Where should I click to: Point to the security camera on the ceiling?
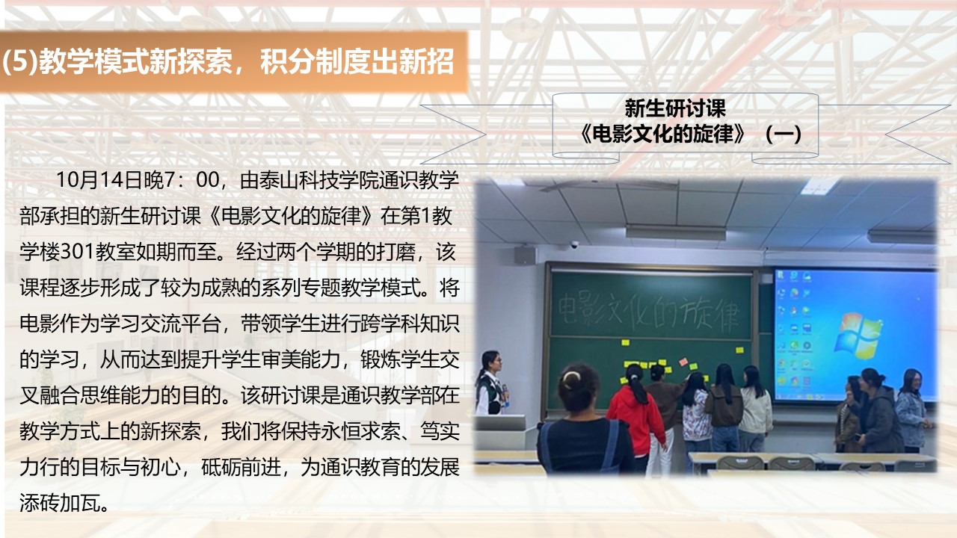(x=574, y=244)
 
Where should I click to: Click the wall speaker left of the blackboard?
(x=525, y=255)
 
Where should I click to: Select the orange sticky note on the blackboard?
(x=683, y=362)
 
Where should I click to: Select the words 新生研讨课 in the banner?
(x=675, y=109)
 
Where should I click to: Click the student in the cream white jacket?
(x=755, y=407)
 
